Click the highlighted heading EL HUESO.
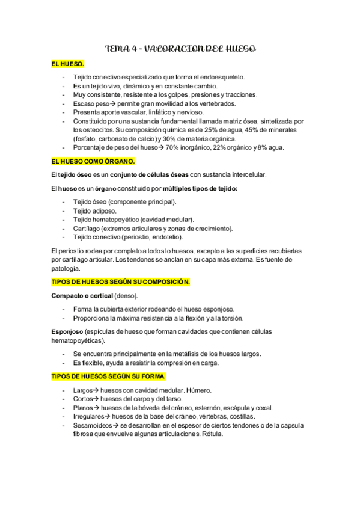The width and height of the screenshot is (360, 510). click(x=68, y=63)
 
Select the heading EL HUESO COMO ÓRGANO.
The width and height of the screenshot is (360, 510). click(x=93, y=162)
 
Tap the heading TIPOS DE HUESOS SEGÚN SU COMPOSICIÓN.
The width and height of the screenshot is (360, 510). click(x=121, y=281)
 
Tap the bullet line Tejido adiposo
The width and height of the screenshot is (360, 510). click(x=95, y=210)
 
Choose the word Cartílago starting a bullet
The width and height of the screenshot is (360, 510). click(x=87, y=229)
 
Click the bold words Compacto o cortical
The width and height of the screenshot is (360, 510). click(x=82, y=296)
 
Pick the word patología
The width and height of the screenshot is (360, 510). click(x=66, y=268)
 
